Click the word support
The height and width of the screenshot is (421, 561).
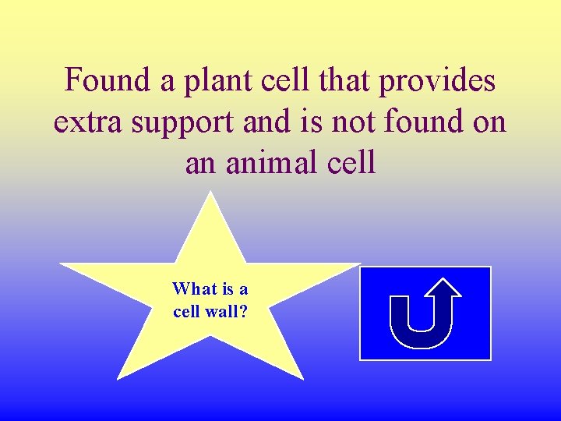[187, 123]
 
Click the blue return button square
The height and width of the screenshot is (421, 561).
[425, 313]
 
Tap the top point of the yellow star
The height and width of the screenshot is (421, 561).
[210, 194]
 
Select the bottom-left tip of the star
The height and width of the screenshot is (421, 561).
[119, 378]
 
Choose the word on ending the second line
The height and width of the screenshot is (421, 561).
[489, 122]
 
